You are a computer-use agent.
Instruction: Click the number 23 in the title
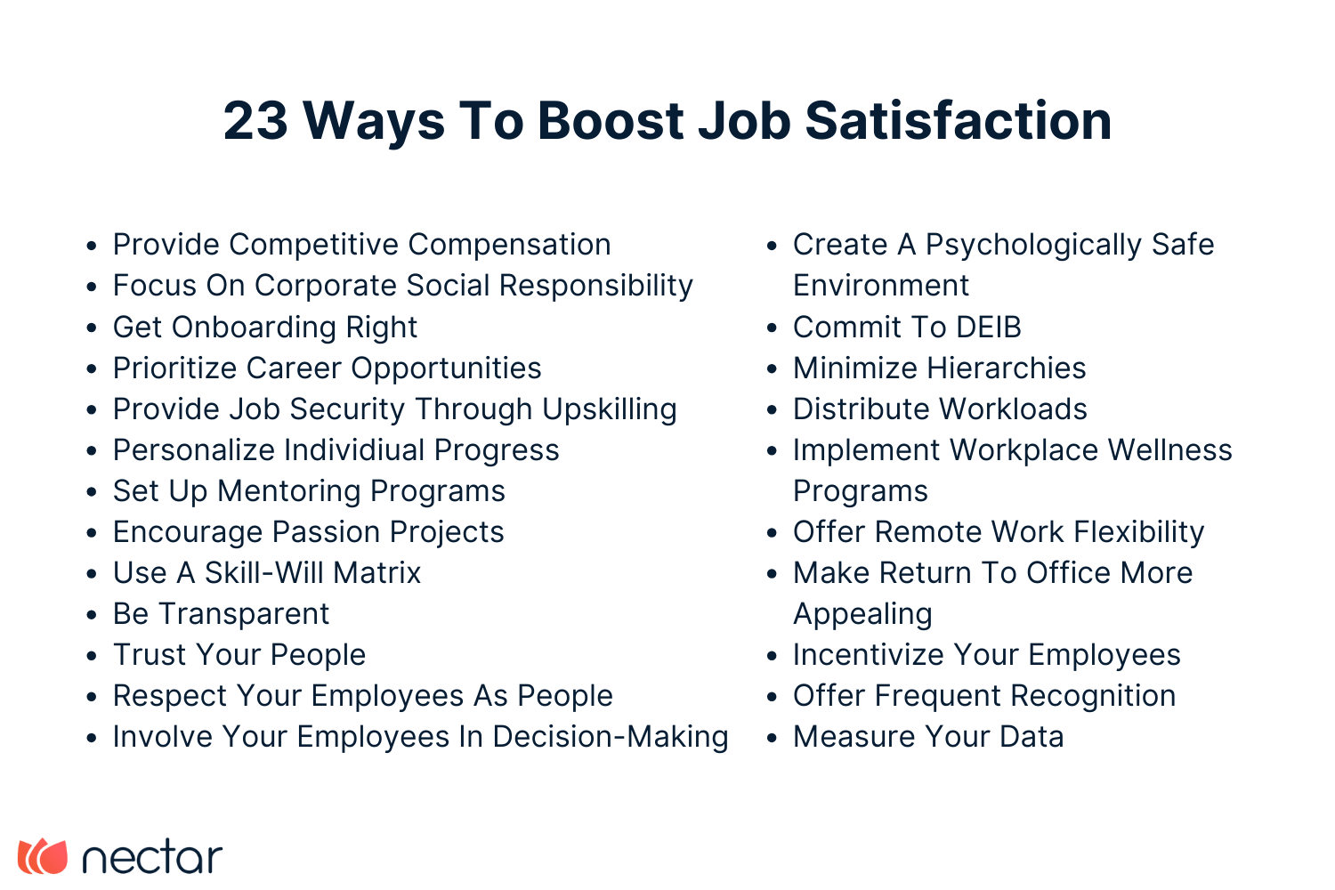point(255,120)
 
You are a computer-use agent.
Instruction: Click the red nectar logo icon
point(43,856)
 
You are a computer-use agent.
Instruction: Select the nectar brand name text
point(151,857)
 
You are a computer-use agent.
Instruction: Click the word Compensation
point(510,245)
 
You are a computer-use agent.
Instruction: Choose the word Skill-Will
point(263,573)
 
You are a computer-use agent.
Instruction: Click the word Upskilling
point(610,409)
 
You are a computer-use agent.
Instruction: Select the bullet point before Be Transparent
point(92,615)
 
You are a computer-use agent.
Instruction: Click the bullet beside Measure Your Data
point(773,738)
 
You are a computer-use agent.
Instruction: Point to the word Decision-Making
point(611,737)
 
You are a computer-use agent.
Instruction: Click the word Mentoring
point(289,491)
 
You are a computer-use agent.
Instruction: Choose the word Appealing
point(862,614)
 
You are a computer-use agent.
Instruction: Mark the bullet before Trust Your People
point(92,656)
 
